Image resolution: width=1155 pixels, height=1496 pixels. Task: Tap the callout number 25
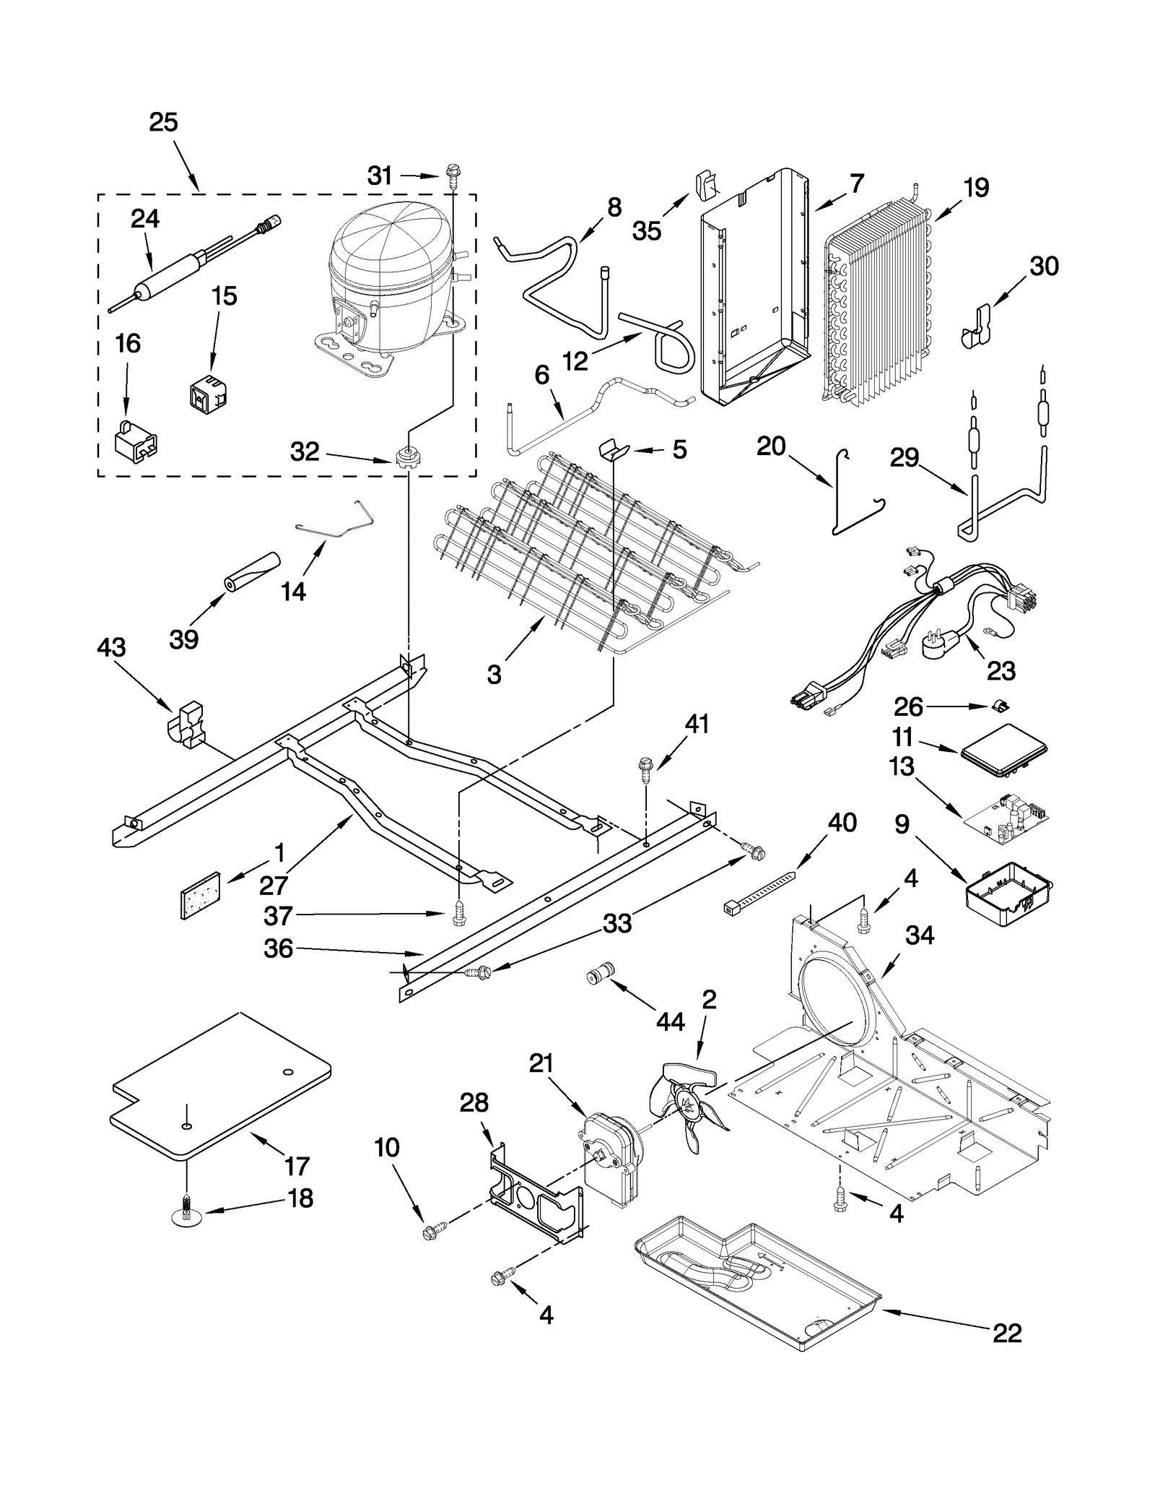(164, 123)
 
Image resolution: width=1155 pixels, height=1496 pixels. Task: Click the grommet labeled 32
(409, 457)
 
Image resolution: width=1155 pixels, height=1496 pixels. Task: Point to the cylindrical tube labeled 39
(250, 573)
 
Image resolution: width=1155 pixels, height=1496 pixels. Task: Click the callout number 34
(920, 935)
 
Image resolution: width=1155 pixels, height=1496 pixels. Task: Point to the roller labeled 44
(599, 977)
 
